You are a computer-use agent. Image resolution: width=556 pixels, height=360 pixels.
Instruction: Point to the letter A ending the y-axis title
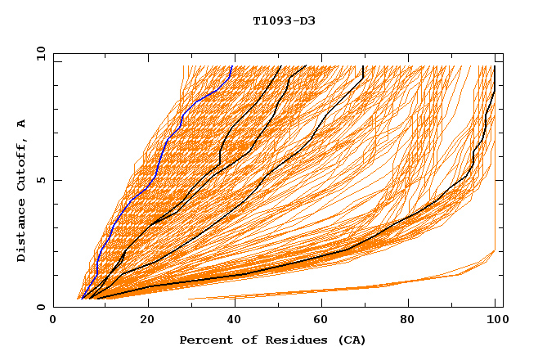21,124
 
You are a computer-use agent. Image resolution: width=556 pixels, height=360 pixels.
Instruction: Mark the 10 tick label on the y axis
40,54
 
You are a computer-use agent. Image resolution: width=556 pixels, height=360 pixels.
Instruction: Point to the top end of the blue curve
232,66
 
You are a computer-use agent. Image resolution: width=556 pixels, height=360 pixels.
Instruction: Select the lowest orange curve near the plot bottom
368,287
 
